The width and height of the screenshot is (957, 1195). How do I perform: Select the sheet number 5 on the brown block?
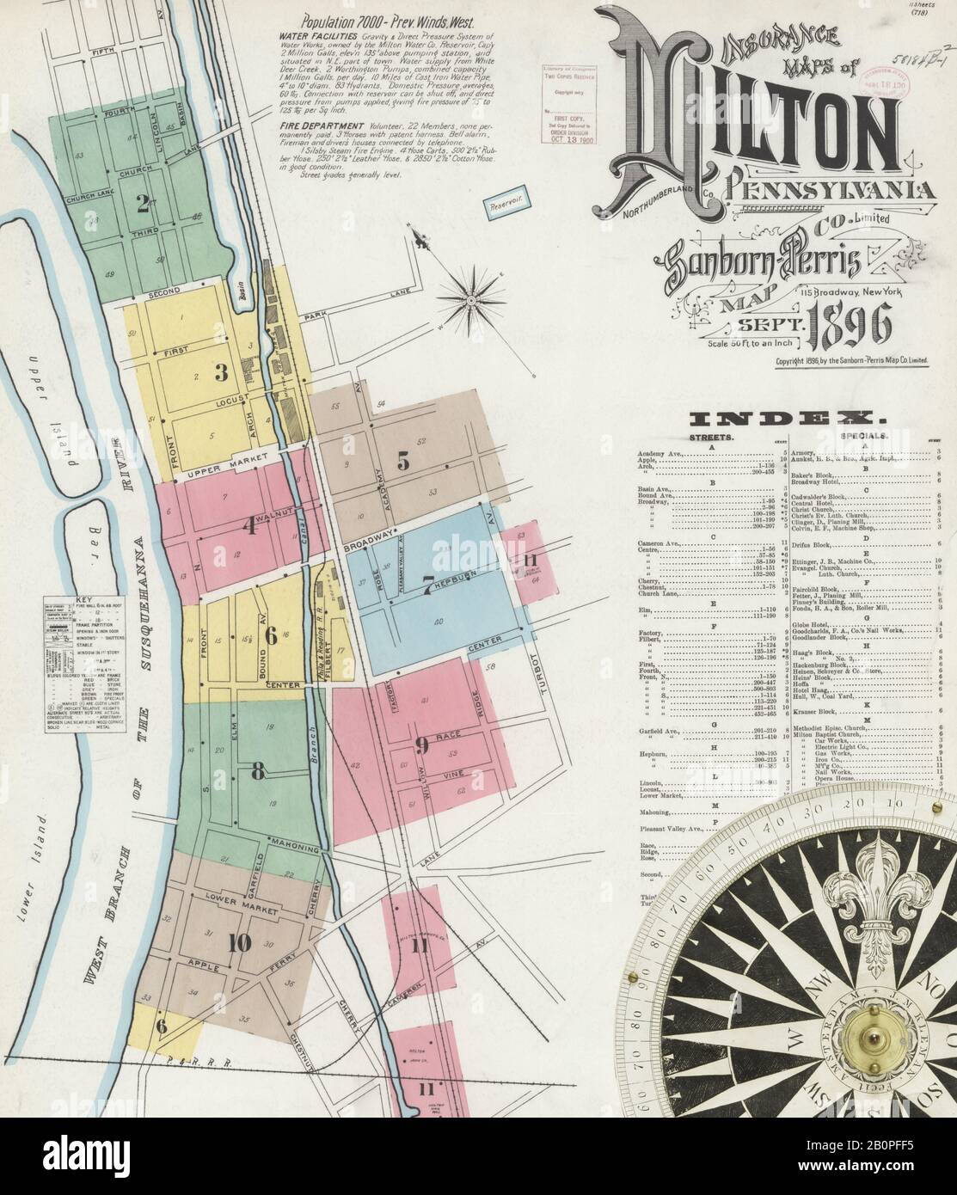tap(402, 460)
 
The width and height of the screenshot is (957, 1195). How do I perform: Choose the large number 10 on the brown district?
tap(240, 943)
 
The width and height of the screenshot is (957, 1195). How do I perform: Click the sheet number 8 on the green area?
tap(257, 771)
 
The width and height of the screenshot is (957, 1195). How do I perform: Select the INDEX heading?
tap(788, 419)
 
